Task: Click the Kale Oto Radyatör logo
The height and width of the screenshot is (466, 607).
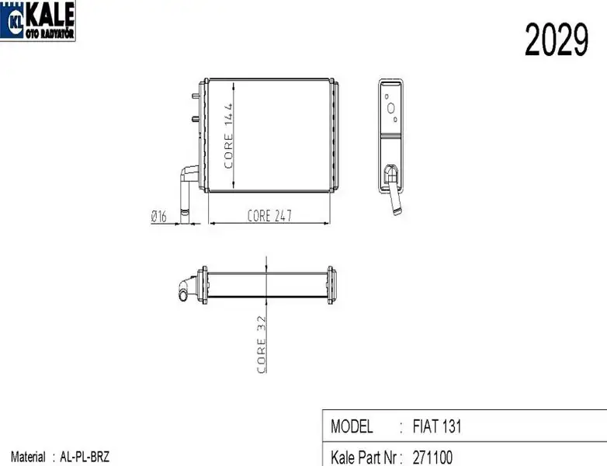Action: (x=37, y=20)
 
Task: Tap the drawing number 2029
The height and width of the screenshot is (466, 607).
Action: (x=557, y=40)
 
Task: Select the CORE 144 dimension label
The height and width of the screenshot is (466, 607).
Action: (x=228, y=136)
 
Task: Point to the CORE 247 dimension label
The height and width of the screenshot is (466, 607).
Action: (x=269, y=216)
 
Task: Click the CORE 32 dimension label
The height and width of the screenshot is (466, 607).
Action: (x=262, y=344)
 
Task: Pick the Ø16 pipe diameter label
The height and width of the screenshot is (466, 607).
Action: (x=158, y=216)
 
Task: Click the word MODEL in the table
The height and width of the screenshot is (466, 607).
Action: (x=352, y=426)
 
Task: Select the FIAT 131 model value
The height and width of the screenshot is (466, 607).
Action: (x=437, y=426)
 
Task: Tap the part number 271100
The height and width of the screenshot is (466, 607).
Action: (x=432, y=457)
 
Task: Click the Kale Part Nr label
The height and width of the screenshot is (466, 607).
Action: (x=364, y=457)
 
